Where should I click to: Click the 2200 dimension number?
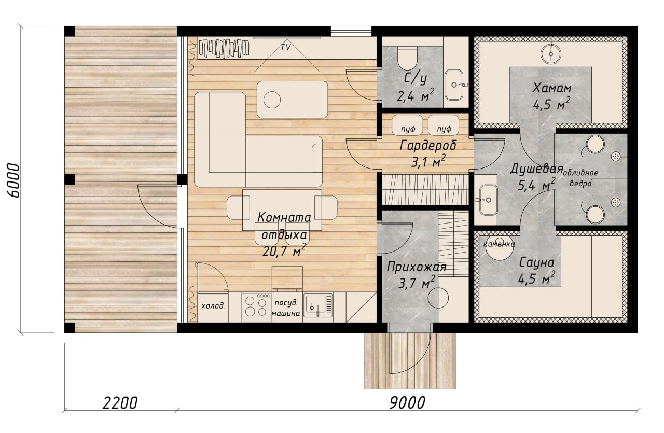120,402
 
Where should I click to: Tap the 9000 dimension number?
407,402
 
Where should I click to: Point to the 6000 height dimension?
13,180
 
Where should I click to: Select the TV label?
286,47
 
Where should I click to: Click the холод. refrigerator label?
213,305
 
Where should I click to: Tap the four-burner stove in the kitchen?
256,306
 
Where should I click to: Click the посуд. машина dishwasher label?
286,308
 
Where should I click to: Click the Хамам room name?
551,88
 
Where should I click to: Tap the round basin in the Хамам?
551,54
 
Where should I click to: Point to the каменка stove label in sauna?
499,244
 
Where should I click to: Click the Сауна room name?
536,262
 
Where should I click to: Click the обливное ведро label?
580,178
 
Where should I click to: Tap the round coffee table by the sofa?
272,100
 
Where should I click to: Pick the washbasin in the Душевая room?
488,200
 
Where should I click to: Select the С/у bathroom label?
416,78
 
